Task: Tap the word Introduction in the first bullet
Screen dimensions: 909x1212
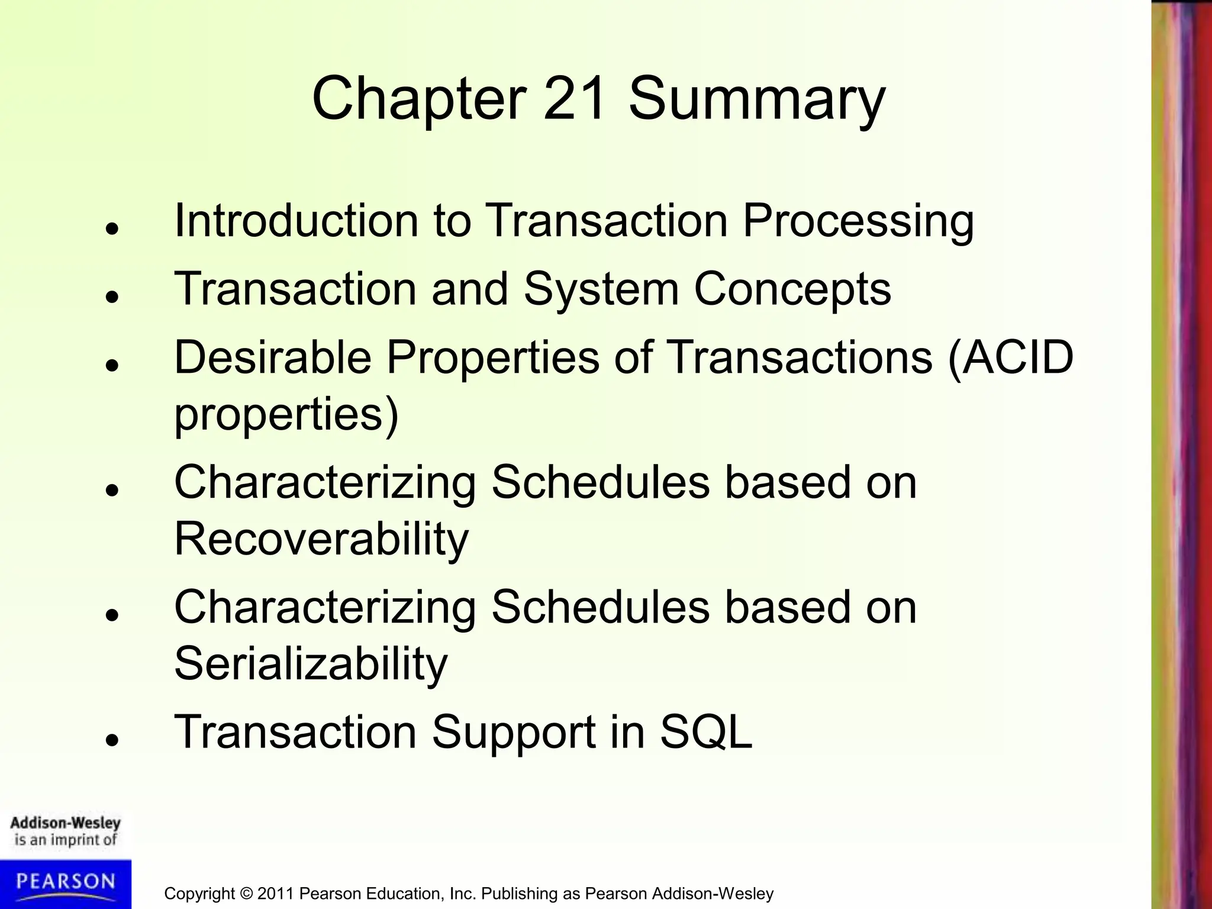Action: [x=296, y=221]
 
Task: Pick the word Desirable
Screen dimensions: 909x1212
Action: [x=273, y=357]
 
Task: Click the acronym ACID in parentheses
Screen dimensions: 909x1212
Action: [x=1017, y=357]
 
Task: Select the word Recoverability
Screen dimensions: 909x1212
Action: [x=321, y=539]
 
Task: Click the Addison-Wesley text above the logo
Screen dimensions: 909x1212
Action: [x=66, y=823]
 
